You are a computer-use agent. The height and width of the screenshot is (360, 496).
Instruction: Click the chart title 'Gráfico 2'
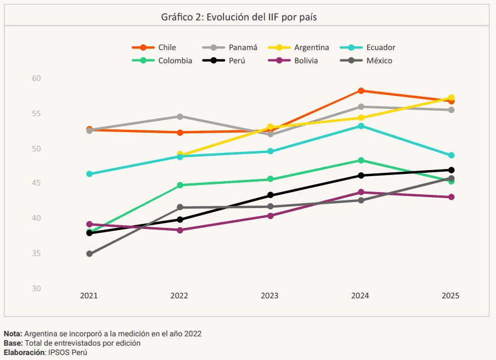click(239, 17)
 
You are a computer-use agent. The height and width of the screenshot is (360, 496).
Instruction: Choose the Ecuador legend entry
click(380, 47)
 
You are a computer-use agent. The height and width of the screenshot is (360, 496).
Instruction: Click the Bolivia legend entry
click(306, 61)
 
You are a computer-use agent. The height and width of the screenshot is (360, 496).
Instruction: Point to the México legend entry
click(379, 61)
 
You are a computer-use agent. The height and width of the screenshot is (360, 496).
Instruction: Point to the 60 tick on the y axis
click(36, 79)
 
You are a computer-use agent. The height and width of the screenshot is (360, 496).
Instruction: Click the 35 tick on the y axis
click(36, 254)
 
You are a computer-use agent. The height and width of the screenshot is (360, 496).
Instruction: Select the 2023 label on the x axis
click(269, 296)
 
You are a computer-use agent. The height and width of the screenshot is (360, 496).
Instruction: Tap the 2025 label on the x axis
click(450, 296)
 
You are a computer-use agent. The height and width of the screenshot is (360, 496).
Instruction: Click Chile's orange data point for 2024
click(361, 91)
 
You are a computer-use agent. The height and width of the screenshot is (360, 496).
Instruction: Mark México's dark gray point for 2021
click(89, 254)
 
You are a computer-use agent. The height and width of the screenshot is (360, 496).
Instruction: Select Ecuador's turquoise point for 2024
click(361, 126)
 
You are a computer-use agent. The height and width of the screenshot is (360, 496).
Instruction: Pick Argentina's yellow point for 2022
click(179, 154)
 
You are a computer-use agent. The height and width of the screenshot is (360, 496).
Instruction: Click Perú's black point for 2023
click(270, 195)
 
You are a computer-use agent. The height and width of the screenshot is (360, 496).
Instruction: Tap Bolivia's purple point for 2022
click(179, 230)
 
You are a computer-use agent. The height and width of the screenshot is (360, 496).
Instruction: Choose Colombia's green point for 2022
click(179, 185)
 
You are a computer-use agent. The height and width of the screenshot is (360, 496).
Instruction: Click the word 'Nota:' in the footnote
click(13, 334)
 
